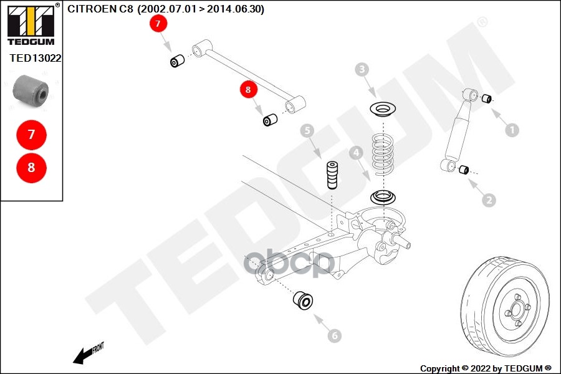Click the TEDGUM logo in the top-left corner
(x=31, y=24)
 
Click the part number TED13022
(x=36, y=58)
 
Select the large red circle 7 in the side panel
(x=32, y=135)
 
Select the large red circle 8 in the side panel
(x=32, y=168)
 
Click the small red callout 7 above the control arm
(x=158, y=24)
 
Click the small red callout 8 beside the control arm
(x=248, y=90)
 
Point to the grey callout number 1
(x=512, y=130)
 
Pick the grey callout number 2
(x=489, y=200)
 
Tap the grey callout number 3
(x=362, y=69)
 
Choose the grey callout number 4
(x=356, y=153)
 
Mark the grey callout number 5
(x=307, y=131)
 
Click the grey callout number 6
(x=335, y=336)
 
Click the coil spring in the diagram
(x=383, y=154)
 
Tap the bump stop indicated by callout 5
(x=332, y=175)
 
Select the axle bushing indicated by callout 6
(x=303, y=300)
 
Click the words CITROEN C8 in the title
(x=100, y=9)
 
